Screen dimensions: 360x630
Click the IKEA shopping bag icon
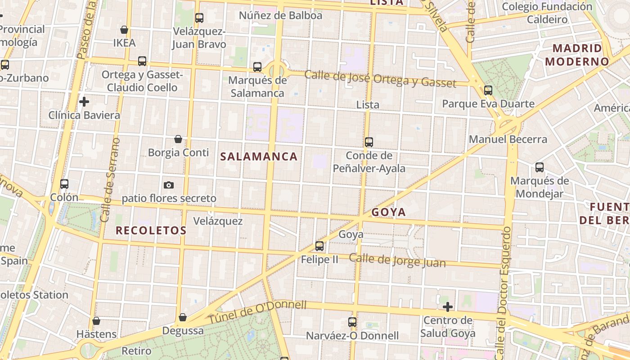[124, 30]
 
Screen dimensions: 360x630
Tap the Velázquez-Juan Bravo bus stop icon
[199, 18]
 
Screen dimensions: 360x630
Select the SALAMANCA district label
[259, 157]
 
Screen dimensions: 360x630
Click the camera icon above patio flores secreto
[169, 185]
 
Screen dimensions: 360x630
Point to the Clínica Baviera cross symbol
[84, 102]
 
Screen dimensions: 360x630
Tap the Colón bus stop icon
[64, 184]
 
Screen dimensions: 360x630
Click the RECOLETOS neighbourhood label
[151, 230]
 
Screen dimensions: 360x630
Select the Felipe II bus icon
[319, 246]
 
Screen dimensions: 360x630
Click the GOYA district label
[389, 212]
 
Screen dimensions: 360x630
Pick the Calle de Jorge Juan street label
[397, 261]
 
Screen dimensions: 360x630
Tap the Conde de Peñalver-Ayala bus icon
[369, 142]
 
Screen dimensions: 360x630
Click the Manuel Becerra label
[508, 139]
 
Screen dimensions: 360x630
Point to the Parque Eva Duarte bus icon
[488, 90]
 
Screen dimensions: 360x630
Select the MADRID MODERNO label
[577, 54]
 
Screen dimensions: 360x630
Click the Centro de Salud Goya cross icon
[448, 307]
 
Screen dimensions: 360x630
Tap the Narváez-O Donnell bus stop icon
[352, 322]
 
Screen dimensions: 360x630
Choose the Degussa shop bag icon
[183, 317]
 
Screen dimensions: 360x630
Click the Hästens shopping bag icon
[96, 321]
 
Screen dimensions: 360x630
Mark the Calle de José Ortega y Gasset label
[380, 79]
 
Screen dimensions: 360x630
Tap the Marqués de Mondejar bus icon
[540, 167]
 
